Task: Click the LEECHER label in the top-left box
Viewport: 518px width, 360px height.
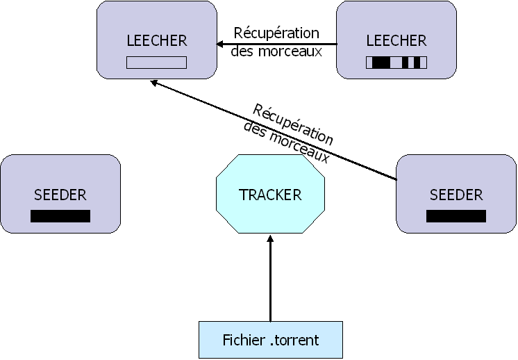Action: tap(157, 40)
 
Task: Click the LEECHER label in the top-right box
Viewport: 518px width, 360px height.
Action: tap(396, 40)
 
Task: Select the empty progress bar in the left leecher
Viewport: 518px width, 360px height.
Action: tap(157, 63)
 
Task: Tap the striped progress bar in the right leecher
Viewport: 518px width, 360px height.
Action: tap(396, 63)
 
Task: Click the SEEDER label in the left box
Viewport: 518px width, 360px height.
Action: tap(60, 195)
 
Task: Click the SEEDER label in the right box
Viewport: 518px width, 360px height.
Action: tap(456, 195)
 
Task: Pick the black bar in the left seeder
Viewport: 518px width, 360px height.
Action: tap(60, 216)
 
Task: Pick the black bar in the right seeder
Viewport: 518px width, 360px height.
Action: tap(456, 216)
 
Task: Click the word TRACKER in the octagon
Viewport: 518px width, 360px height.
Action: tap(271, 195)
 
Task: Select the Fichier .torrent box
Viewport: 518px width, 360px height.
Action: tap(271, 340)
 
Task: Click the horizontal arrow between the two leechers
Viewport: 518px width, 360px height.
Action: tap(278, 45)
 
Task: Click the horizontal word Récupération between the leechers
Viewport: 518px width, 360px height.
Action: tap(276, 33)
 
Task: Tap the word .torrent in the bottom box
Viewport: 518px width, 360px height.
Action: tap(294, 341)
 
